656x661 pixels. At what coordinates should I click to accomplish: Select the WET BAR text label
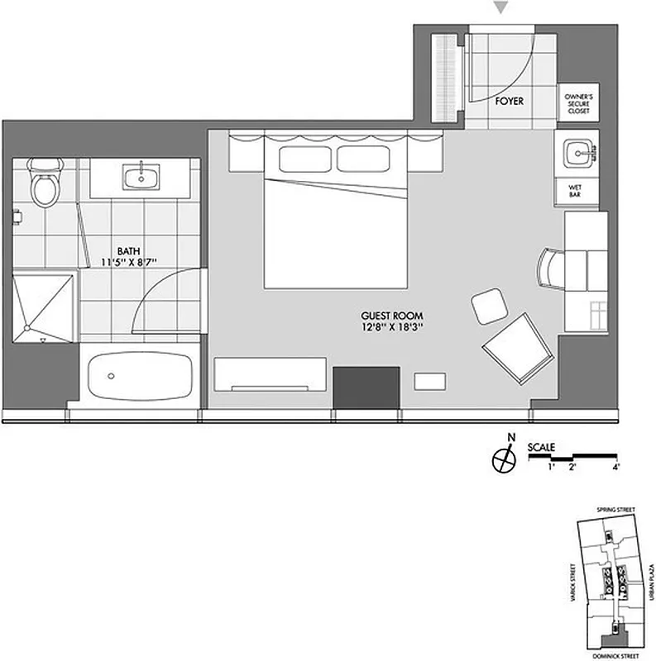point(575,191)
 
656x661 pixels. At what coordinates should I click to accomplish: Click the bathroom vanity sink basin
point(142,176)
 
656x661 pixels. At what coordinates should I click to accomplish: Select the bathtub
point(138,376)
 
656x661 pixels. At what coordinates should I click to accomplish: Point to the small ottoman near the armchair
point(487,307)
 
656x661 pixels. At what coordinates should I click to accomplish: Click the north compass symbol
point(502,459)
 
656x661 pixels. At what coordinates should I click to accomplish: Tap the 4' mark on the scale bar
point(615,468)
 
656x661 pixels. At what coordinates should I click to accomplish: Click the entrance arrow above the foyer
point(500,8)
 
